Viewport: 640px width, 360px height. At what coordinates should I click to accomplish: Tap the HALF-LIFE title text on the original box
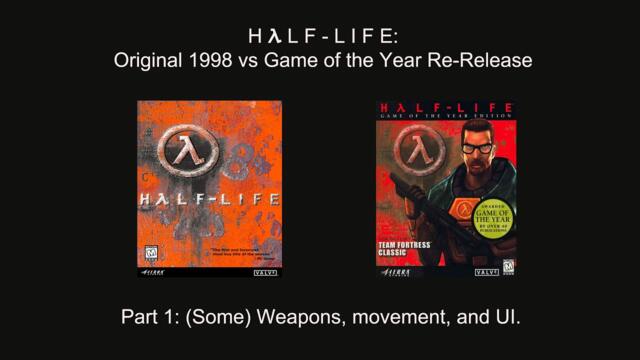(x=208, y=198)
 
